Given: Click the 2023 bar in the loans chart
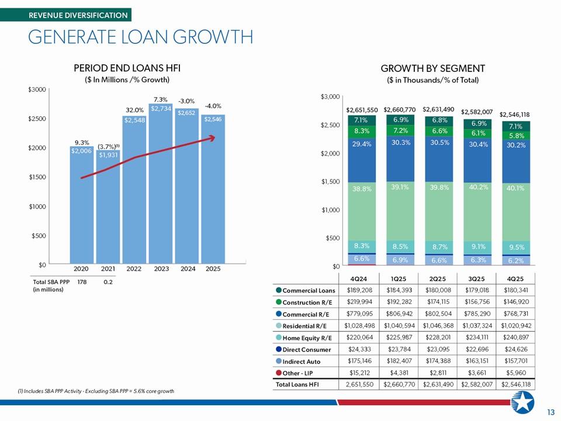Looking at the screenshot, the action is (160, 184).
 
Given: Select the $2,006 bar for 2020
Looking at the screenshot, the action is (82, 205).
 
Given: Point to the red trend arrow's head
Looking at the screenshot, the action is (212, 137).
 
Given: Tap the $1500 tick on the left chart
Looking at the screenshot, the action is (37, 177).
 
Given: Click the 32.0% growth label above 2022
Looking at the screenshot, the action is (134, 110).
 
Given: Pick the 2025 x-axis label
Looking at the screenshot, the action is (213, 268).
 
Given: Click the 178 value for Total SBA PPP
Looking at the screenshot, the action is (82, 282).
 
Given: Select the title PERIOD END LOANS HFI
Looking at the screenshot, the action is (127, 68).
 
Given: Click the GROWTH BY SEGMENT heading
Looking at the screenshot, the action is (432, 68).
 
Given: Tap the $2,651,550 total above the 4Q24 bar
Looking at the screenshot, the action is (362, 110).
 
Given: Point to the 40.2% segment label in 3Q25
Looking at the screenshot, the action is (479, 187).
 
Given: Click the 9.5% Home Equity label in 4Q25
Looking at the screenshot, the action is (515, 247).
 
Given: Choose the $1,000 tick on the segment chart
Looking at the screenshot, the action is (330, 210).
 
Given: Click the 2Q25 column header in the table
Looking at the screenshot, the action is (438, 278).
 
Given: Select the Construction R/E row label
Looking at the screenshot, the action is (307, 302).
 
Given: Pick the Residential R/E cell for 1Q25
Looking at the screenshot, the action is (399, 326).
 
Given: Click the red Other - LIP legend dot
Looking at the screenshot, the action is (279, 372).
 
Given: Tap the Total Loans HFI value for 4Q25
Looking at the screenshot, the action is (515, 385).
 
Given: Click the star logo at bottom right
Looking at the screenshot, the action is (522, 402).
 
